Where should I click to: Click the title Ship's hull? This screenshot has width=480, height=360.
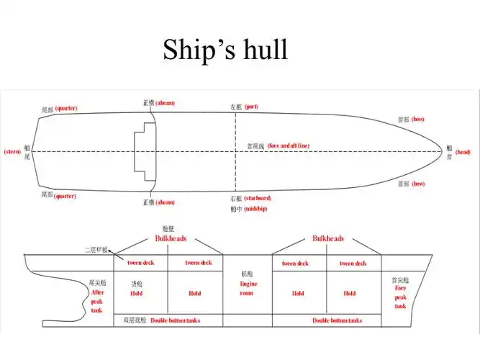coord(225,49)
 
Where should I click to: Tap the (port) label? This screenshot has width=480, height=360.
coord(251,107)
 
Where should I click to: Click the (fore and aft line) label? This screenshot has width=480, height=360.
coord(289,145)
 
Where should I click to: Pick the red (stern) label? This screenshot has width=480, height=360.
coord(12,151)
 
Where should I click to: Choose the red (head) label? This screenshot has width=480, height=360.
coord(463,152)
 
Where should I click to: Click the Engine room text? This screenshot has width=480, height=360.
coord(248,288)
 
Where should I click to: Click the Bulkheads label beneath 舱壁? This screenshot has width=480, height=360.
coord(171,238)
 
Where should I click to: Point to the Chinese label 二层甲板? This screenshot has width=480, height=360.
coord(96,250)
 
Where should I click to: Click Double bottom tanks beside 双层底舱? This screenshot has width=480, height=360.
coord(175,320)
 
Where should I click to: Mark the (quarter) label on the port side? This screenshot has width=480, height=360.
coord(65,109)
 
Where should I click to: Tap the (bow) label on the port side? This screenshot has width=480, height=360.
coord(418,120)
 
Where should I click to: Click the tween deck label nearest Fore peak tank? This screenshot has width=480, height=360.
coord(352,264)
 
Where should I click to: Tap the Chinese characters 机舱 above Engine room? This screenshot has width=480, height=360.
coord(248,274)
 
